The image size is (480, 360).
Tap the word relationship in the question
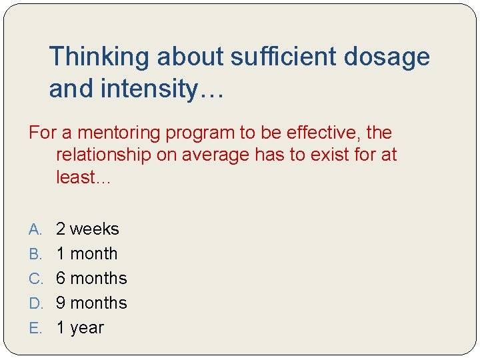(x=104, y=155)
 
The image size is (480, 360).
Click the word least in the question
(x=75, y=177)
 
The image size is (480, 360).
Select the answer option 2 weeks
(x=87, y=229)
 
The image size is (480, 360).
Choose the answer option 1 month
(x=87, y=254)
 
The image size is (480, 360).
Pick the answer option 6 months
(x=91, y=279)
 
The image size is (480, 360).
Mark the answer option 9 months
(x=91, y=303)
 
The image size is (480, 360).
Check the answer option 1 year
(x=80, y=328)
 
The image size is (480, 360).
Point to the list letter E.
(x=35, y=329)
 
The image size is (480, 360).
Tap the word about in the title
(x=190, y=57)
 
